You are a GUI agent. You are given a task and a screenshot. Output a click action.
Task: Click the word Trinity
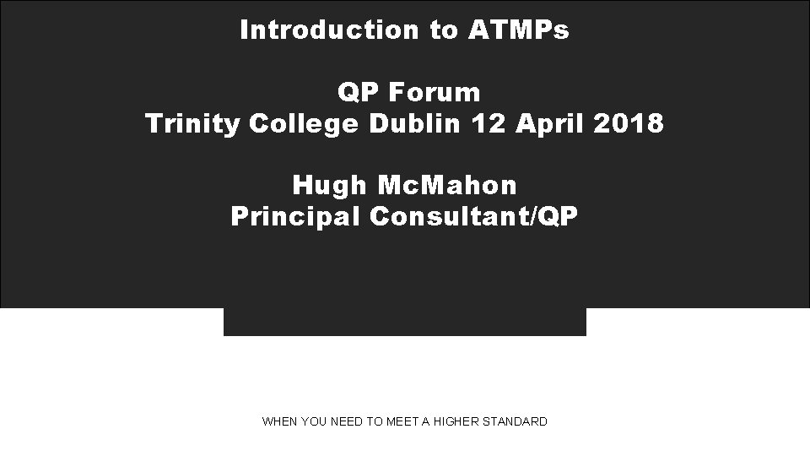coord(192,124)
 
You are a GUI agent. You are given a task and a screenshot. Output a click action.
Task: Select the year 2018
coord(629,124)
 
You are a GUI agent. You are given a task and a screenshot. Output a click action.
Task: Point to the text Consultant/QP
coord(473,217)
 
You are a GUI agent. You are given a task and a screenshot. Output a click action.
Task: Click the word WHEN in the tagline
coord(279,421)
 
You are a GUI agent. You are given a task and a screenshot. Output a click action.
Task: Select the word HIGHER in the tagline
coord(456,421)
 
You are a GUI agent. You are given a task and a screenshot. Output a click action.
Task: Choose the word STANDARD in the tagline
coord(515,421)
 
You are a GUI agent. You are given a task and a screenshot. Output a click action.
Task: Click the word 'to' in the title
coord(442,30)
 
